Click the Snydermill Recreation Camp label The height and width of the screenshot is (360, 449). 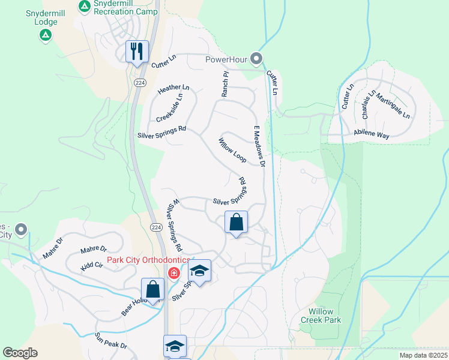tap(126, 11)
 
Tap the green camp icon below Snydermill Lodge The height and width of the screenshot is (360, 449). tap(45, 35)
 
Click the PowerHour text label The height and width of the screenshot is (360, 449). tap(227, 59)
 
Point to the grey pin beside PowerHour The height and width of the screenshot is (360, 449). tap(257, 59)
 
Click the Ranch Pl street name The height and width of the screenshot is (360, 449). tap(226, 85)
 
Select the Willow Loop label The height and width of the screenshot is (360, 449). tap(232, 150)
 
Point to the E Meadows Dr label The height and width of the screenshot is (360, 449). tap(259, 146)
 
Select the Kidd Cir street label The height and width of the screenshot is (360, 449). tap(92, 264)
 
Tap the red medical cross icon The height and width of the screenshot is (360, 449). tap(174, 274)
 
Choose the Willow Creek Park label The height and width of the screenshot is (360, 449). tap(325, 316)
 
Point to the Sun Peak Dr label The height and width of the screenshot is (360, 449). tap(111, 340)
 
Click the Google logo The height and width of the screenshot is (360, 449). tap(20, 353)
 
